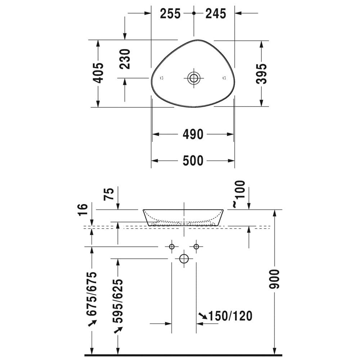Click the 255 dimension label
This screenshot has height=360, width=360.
click(x=170, y=14)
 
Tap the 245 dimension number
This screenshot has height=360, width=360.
click(x=216, y=14)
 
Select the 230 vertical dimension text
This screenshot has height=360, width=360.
click(x=125, y=59)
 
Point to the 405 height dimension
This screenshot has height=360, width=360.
click(x=98, y=73)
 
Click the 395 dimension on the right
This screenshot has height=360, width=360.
click(x=262, y=74)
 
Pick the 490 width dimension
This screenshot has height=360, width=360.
click(x=193, y=134)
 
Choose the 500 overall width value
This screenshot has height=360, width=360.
click(x=193, y=161)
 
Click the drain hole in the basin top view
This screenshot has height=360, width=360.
click(x=194, y=78)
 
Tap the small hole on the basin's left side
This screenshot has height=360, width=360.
click(x=162, y=78)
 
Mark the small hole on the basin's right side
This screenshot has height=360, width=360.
click(x=224, y=78)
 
